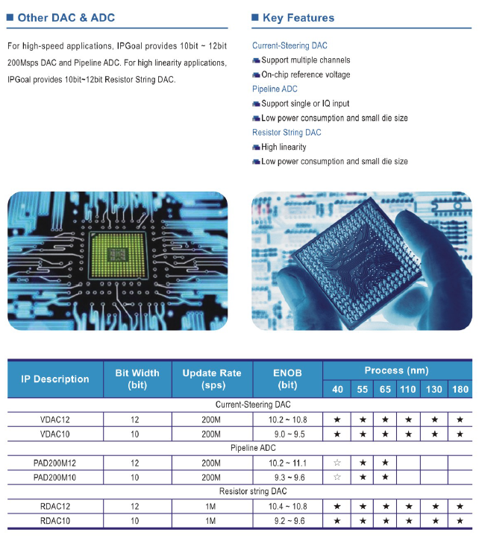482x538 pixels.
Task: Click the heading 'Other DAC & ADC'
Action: (66, 17)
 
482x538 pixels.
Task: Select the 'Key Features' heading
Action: (298, 17)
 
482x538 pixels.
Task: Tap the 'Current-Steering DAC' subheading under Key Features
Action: (289, 45)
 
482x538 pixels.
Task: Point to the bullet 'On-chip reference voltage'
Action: (306, 75)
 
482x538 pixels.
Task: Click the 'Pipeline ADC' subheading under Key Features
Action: (275, 89)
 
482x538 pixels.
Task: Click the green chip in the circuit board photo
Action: (118, 255)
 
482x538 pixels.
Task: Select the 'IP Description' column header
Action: (55, 379)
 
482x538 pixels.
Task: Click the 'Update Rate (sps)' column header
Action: (212, 379)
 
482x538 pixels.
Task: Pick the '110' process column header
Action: (408, 389)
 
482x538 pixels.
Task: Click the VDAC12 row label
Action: (55, 420)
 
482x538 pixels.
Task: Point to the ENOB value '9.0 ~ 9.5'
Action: (289, 434)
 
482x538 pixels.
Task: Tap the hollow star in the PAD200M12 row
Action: (337, 463)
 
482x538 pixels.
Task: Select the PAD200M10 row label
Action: (54, 477)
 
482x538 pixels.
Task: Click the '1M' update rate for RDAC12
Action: (210, 507)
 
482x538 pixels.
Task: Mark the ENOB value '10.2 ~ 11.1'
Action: (287, 463)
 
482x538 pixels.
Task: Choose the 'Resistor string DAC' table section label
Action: (253, 491)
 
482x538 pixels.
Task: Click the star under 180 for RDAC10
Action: (460, 521)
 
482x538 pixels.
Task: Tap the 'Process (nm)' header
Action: (396, 370)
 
